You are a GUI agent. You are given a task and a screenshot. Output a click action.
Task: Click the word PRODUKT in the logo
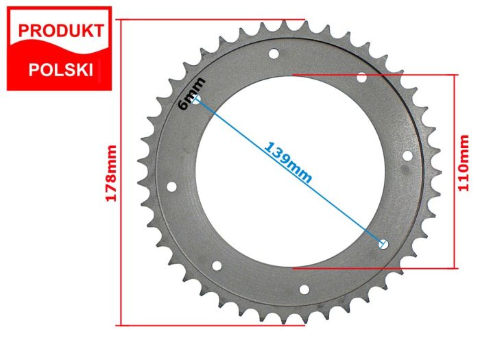click(x=60, y=31)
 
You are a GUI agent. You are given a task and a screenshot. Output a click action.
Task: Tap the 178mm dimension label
click(x=110, y=173)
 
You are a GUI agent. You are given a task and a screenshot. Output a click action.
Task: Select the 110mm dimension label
click(x=467, y=163)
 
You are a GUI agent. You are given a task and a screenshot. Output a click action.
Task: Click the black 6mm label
click(x=186, y=93)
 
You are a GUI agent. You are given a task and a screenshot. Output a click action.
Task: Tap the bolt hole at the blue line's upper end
click(x=197, y=101)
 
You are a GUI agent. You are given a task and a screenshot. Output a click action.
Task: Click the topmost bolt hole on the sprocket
click(x=274, y=53)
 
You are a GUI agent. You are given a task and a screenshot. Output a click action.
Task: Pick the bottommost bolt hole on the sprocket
click(x=305, y=289)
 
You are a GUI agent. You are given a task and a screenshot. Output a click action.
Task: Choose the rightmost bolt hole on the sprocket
click(x=407, y=156)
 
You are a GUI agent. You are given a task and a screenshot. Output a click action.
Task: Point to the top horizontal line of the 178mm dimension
click(x=213, y=19)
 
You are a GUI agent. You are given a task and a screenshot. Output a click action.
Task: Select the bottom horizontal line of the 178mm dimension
click(x=213, y=324)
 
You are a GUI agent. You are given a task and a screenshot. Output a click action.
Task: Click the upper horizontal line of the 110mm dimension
click(x=374, y=73)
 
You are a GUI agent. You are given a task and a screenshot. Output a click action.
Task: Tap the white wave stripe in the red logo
click(x=58, y=50)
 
